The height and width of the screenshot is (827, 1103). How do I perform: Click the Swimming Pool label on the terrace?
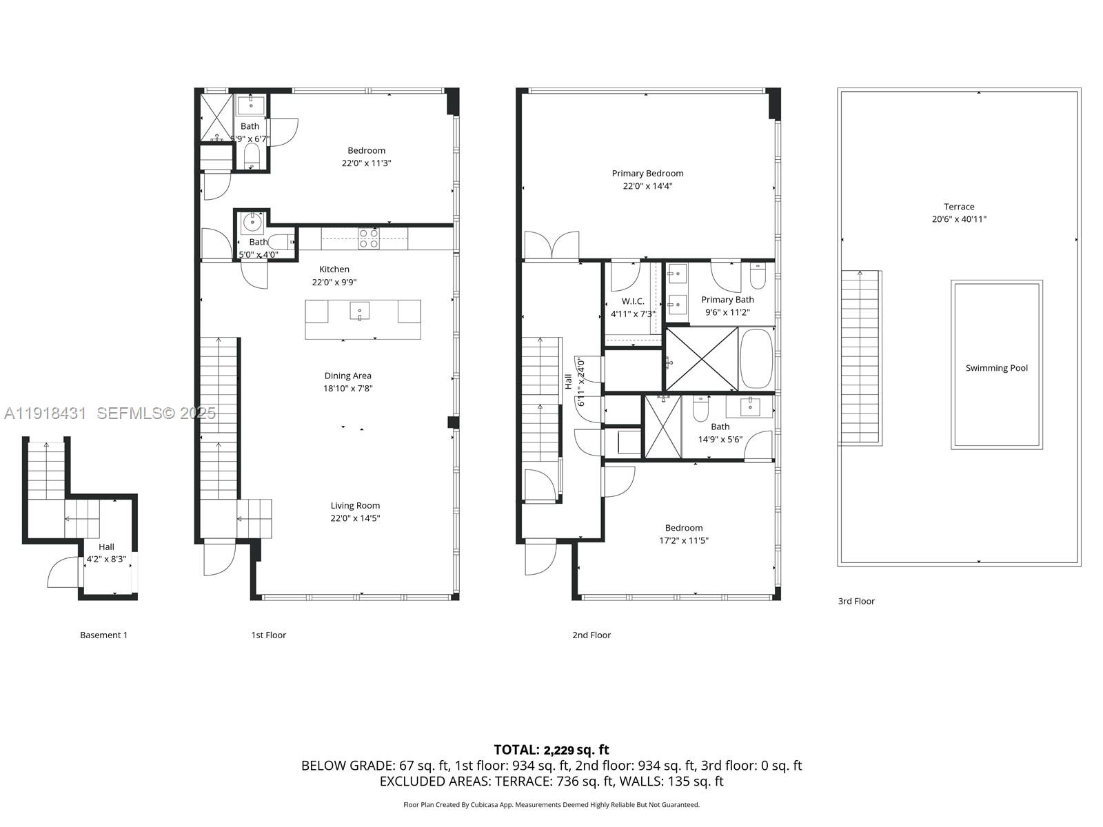coord(996,368)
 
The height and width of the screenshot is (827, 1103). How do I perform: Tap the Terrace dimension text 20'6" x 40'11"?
coord(959,220)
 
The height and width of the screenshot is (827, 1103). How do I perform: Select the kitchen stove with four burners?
coord(368,238)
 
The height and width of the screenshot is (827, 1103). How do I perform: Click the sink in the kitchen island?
coord(359,312)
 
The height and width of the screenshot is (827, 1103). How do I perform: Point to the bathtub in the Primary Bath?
coord(756,359)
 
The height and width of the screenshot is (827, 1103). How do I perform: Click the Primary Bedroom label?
coord(647,174)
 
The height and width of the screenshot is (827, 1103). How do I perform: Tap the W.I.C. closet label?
coord(632,301)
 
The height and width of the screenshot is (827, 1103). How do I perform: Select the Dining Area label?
coord(347,376)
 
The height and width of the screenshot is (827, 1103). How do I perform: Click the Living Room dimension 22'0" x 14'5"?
coord(355,518)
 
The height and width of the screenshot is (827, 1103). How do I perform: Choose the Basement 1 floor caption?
coord(103,635)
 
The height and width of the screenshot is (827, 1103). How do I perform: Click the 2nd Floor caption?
coord(591,635)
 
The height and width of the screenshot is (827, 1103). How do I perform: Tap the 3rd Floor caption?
coord(856,601)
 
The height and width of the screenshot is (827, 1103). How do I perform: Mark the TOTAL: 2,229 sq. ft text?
coord(551,750)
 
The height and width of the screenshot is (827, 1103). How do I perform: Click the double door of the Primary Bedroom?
coord(551,245)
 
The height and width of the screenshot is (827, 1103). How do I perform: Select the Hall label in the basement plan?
coord(106,547)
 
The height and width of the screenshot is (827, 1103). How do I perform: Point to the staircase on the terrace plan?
coord(860,356)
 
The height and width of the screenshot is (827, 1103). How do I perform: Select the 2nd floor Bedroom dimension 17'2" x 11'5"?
coord(683,541)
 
